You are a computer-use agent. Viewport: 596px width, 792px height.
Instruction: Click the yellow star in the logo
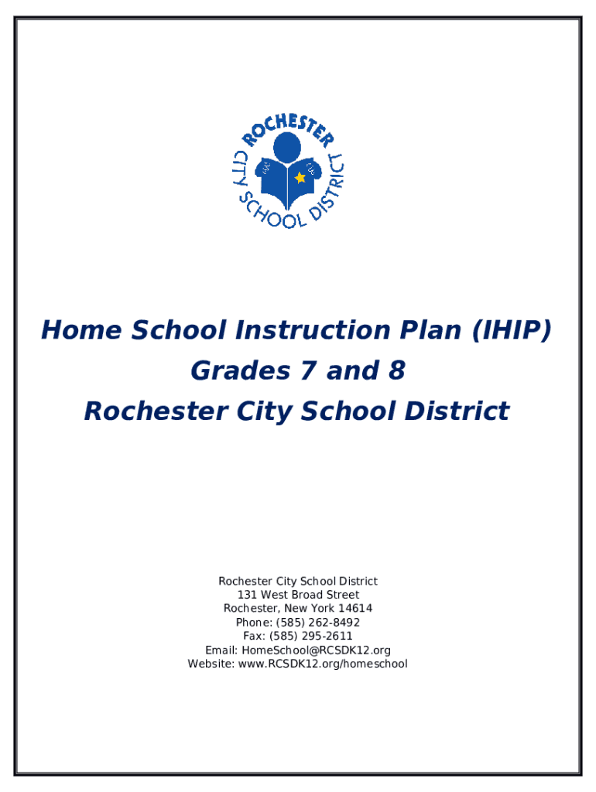(300, 177)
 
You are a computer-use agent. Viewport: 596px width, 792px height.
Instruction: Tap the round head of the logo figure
(287, 148)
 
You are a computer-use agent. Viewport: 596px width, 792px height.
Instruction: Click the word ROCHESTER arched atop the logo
(288, 129)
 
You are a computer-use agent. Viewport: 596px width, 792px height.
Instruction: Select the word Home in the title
(81, 329)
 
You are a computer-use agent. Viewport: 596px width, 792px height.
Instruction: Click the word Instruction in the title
(313, 329)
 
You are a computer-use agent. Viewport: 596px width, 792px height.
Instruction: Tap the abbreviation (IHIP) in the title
(511, 330)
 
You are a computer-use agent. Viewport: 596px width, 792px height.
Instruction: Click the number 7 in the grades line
(308, 370)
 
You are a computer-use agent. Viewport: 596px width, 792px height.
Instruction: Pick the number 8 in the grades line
(397, 370)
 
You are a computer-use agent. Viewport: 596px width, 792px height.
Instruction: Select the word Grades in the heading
(241, 370)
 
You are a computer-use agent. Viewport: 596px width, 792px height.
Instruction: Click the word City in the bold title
(265, 411)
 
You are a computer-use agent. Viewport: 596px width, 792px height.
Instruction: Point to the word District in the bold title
(457, 411)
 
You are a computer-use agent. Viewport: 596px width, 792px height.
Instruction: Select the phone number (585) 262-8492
(318, 623)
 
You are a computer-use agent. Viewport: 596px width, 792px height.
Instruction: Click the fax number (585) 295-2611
(311, 636)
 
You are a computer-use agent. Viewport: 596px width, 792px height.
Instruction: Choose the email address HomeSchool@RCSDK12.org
(316, 650)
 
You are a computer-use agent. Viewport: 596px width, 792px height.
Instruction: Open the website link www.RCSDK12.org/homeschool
(323, 664)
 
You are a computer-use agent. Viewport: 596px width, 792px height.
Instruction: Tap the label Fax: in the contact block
(255, 636)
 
